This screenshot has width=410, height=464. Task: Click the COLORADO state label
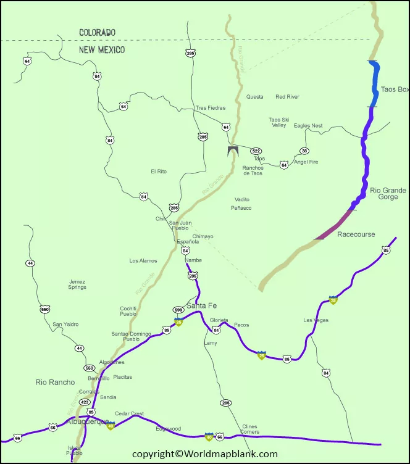pyautogui.click(x=97, y=32)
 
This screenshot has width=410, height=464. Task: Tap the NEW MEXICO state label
pyautogui.click(x=101, y=49)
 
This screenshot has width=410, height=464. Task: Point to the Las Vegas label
pyautogui.click(x=316, y=320)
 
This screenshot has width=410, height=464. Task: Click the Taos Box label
pyautogui.click(x=395, y=89)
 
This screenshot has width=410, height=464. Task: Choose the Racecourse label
pyautogui.click(x=356, y=234)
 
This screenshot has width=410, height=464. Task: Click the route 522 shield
pyautogui.click(x=256, y=151)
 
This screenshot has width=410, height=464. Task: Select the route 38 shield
pyautogui.click(x=304, y=151)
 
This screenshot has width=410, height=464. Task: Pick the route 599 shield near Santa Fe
pyautogui.click(x=178, y=310)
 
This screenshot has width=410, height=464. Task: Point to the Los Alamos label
pyautogui.click(x=143, y=261)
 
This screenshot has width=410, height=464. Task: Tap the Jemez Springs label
pyautogui.click(x=78, y=284)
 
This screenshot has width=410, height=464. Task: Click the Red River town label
pyautogui.click(x=287, y=97)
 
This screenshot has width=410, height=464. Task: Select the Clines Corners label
pyautogui.click(x=249, y=429)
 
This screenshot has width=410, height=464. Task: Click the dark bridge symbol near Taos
pyautogui.click(x=233, y=151)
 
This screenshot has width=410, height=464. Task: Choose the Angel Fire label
pyautogui.click(x=306, y=162)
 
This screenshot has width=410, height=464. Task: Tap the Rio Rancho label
pyautogui.click(x=55, y=383)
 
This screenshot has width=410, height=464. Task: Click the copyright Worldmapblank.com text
pyautogui.click(x=205, y=454)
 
